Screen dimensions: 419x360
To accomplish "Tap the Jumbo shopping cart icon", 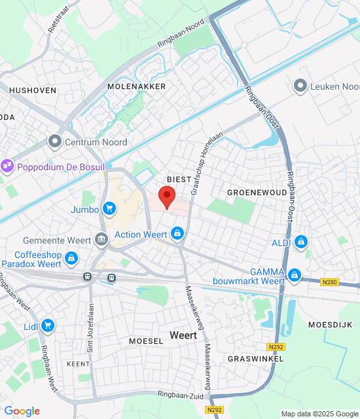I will click(109, 209).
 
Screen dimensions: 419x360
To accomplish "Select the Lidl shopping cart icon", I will click(47, 325).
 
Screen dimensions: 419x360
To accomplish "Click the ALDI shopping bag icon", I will click(300, 242).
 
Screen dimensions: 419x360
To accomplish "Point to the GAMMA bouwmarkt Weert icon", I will click(295, 275).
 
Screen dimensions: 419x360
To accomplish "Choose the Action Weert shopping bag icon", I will click(177, 234).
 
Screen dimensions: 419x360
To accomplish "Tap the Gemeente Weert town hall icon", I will click(101, 240).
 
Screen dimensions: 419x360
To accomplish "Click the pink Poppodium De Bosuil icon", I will click(7, 167).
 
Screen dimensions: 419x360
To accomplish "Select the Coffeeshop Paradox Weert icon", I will click(71, 260).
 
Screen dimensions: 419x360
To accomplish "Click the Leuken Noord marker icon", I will click(300, 86).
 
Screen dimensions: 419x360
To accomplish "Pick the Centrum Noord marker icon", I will click(54, 141).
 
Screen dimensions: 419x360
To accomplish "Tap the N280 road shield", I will click(330, 283).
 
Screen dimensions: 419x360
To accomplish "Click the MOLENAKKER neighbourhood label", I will click(137, 86).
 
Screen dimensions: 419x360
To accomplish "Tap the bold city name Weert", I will click(183, 335).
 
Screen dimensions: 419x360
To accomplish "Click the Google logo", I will click(22, 410).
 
